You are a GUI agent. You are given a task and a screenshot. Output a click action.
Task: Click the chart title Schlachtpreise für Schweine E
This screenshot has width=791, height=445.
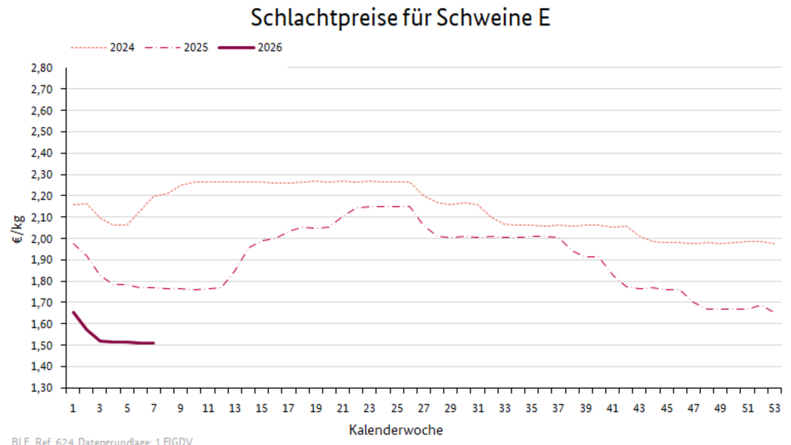[x=400, y=18]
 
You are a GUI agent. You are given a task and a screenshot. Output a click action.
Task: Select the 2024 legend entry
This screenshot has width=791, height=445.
[x=122, y=47]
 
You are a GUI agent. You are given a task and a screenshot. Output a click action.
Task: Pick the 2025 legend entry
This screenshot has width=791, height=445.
[x=196, y=47]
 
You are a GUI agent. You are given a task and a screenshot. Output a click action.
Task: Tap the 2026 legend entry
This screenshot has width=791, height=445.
[x=270, y=47]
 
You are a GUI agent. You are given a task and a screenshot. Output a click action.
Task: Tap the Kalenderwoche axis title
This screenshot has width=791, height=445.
[x=396, y=430]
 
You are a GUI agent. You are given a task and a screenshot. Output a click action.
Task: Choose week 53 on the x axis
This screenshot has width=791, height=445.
[x=775, y=408]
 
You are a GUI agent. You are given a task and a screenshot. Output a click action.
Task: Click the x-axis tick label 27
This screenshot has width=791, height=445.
[x=424, y=408]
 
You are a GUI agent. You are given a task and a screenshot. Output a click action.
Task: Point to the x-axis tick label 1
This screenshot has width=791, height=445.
[x=72, y=408]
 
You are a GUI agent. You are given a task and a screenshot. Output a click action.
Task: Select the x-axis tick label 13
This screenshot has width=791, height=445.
[x=235, y=408]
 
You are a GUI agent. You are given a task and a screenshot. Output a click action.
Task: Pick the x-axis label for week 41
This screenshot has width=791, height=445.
[x=613, y=408]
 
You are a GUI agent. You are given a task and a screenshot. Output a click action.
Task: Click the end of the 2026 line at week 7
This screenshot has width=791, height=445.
[x=153, y=343]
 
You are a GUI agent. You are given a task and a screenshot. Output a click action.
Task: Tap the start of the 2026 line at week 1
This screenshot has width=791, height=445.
[x=73, y=312]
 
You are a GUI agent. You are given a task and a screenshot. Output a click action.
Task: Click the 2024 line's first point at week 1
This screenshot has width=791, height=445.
[x=73, y=204]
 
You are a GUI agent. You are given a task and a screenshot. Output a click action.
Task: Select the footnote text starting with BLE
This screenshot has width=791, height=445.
[x=101, y=441]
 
